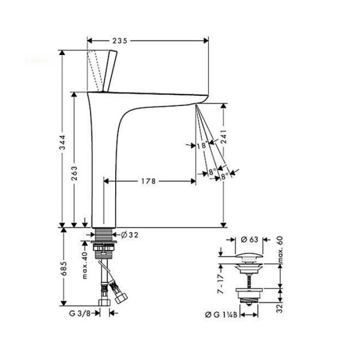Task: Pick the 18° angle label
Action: click(202, 146)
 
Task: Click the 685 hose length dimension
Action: click(63, 266)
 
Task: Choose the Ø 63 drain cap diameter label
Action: click(251, 239)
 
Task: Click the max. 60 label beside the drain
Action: click(281, 251)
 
